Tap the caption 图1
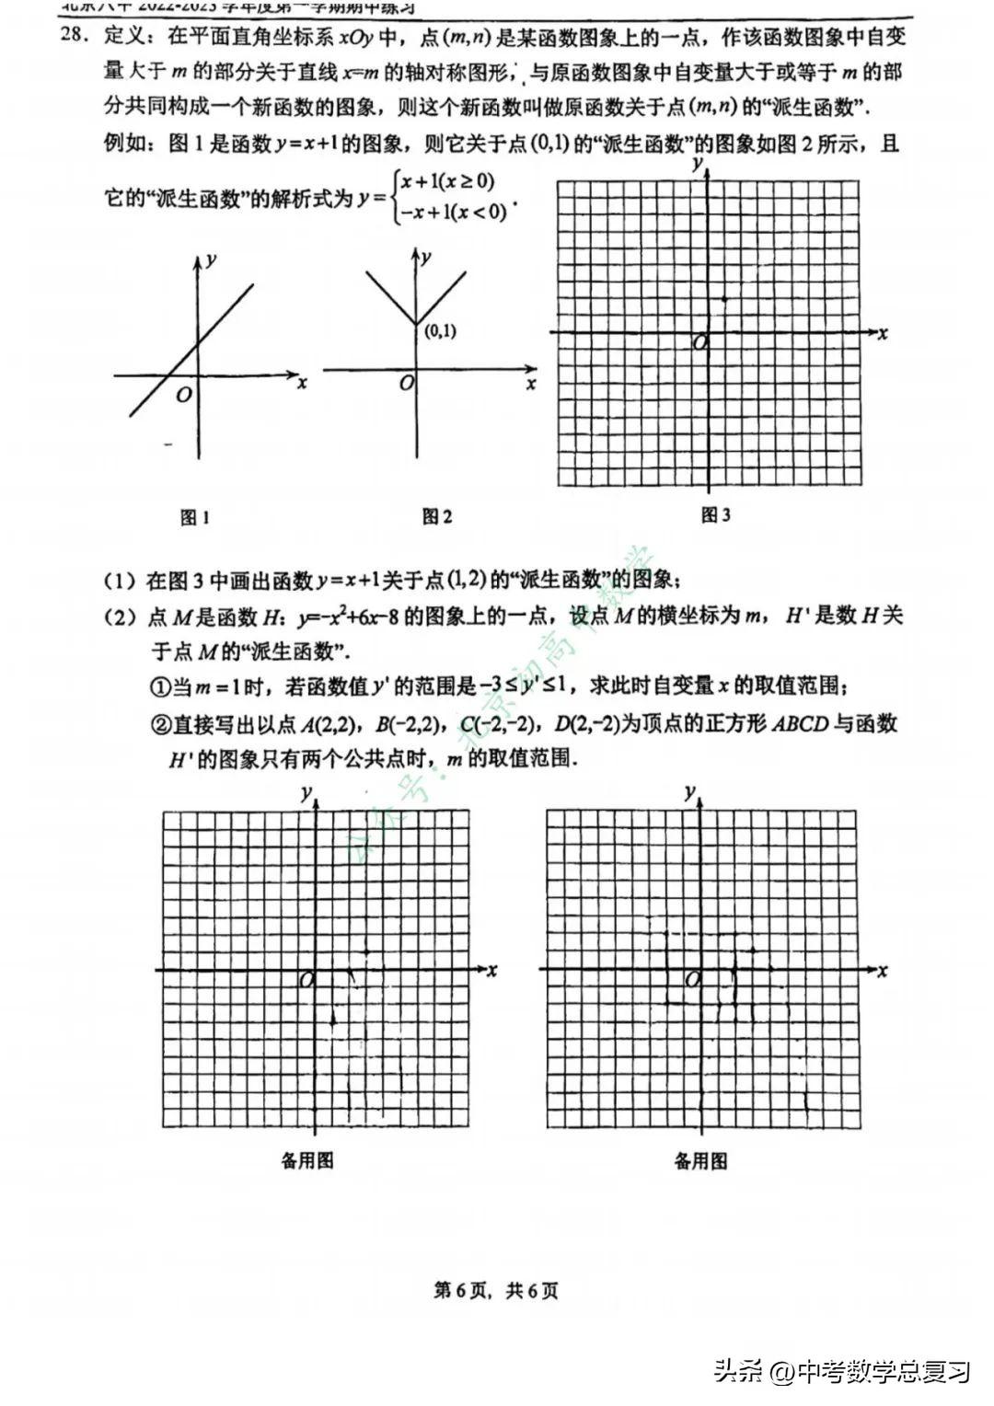(195, 517)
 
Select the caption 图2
(437, 517)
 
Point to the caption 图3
(715, 515)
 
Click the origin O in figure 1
(184, 394)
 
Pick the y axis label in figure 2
(426, 258)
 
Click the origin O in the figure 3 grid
(699, 342)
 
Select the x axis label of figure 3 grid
(883, 333)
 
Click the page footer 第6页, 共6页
(496, 1290)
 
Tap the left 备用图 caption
(307, 1160)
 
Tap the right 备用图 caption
(700, 1160)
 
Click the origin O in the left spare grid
(306, 981)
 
